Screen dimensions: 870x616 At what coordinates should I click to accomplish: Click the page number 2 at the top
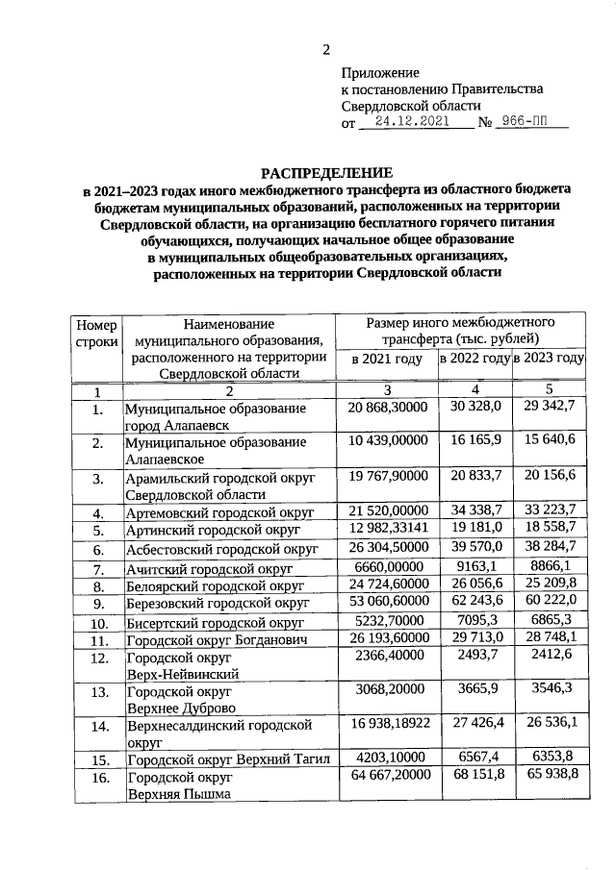tap(325, 50)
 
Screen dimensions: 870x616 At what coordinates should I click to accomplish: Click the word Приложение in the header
tap(381, 72)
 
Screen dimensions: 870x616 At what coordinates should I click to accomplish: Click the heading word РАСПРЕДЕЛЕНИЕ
tap(326, 170)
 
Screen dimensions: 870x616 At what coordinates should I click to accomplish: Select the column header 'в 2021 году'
tap(387, 359)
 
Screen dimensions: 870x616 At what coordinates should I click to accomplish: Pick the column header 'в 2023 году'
tap(550, 359)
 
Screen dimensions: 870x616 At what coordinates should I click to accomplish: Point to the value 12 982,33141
tap(387, 530)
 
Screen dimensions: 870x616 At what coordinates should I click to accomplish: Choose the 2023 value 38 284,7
tap(550, 548)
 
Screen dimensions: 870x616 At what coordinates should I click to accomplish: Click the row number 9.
tap(96, 605)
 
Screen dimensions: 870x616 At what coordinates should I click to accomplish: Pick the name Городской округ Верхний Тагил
tap(228, 760)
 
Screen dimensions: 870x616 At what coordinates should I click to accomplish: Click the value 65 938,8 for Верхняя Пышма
tap(550, 776)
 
